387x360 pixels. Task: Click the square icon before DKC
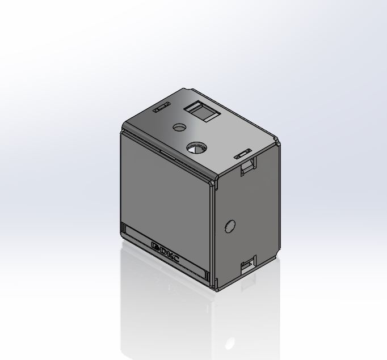click(155, 246)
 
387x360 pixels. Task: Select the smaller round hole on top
click(179, 128)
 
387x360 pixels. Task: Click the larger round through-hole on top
click(196, 147)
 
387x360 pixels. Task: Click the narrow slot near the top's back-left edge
click(162, 107)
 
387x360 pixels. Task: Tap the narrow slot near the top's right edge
click(243, 154)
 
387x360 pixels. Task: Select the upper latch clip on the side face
click(249, 166)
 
